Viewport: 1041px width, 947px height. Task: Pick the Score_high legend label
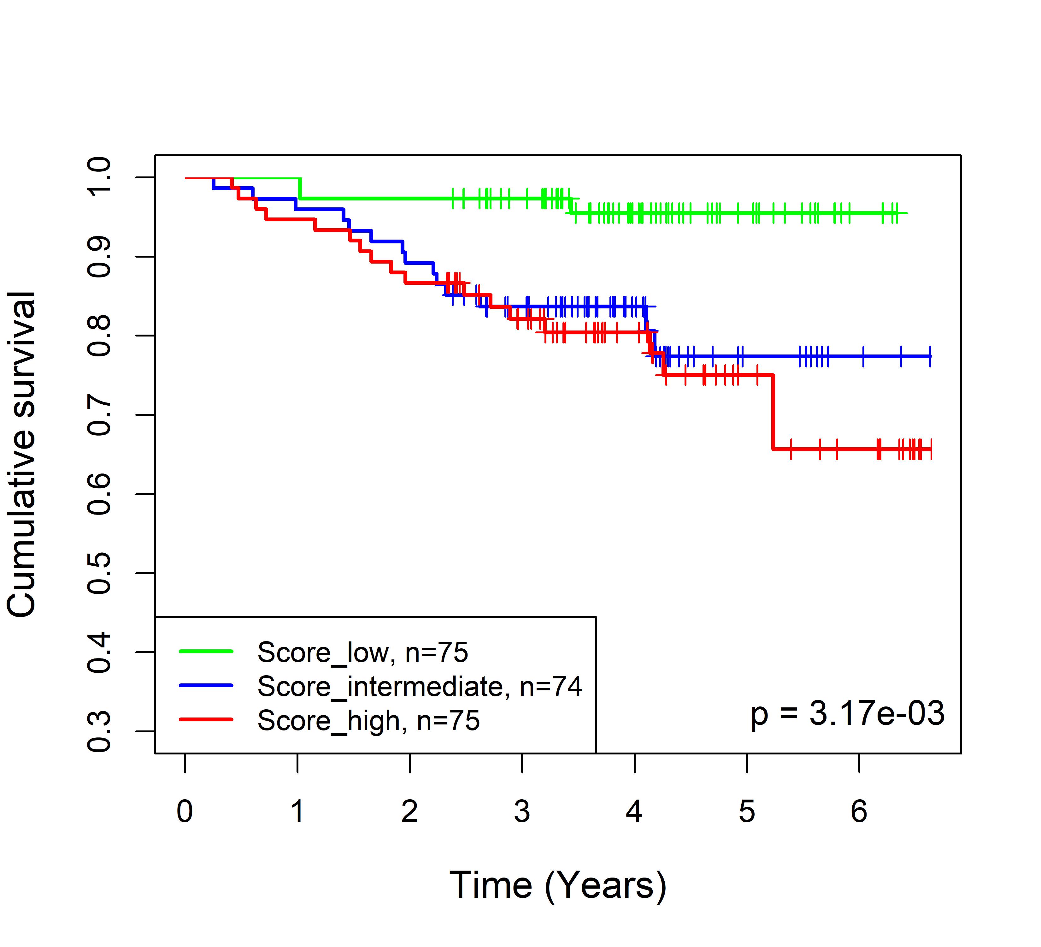tap(368, 720)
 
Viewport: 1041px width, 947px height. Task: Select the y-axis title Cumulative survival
tap(22, 454)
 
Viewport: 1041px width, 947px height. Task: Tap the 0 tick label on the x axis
tap(185, 812)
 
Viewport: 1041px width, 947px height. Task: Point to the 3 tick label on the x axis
tap(522, 812)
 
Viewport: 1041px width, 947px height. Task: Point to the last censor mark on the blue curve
tap(930, 356)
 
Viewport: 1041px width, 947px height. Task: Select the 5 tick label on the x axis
tap(747, 812)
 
